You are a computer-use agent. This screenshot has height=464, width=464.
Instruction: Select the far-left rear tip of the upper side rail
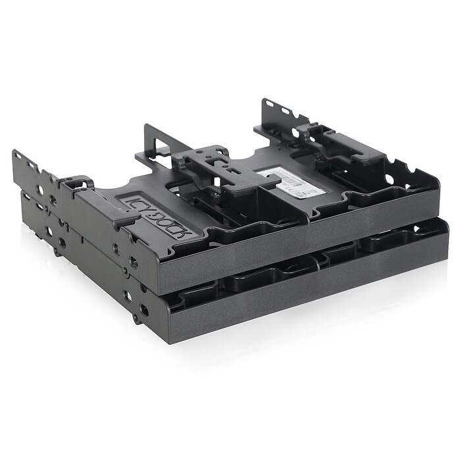tap(16, 155)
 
